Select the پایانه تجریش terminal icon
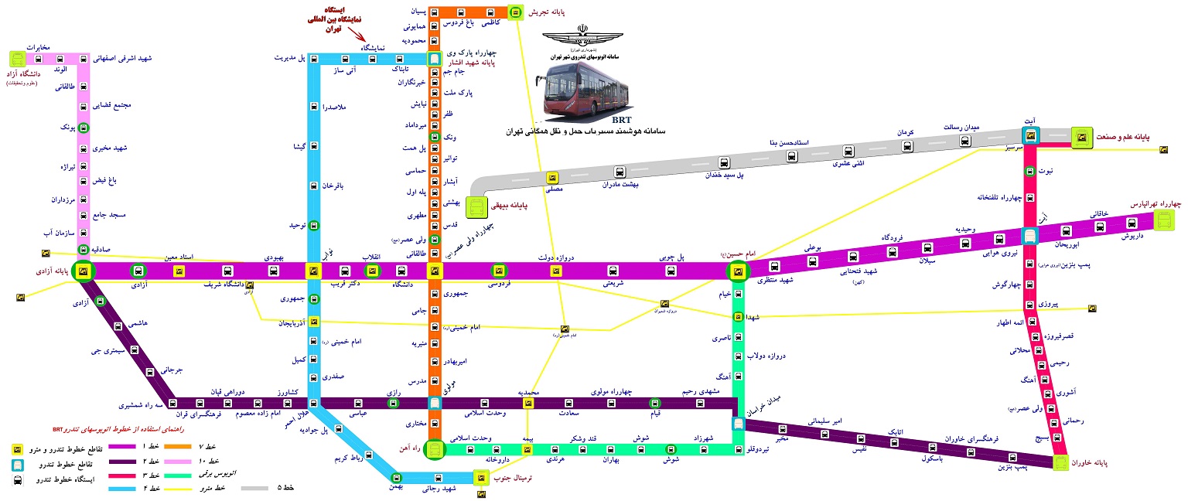point(516,12)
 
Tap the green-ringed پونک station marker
point(83,128)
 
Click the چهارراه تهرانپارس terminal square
point(1164,220)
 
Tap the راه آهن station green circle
point(435,448)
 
